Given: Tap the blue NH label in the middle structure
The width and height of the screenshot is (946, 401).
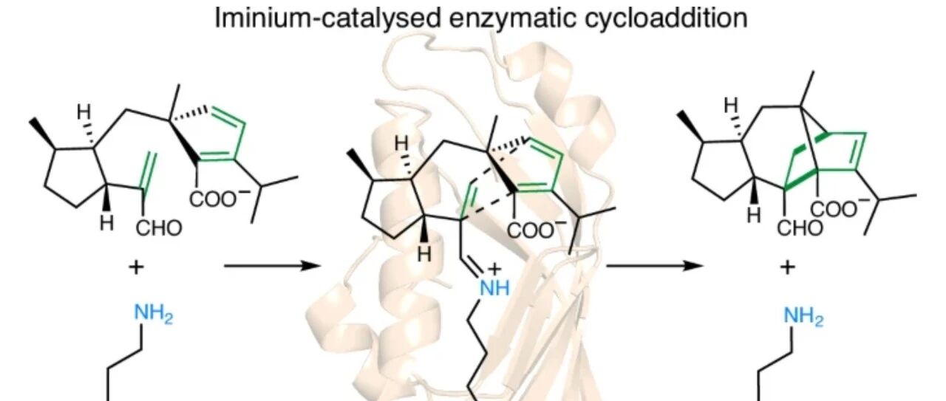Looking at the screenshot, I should point(494,287).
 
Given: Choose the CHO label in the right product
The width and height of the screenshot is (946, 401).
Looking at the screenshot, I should point(800,227).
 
